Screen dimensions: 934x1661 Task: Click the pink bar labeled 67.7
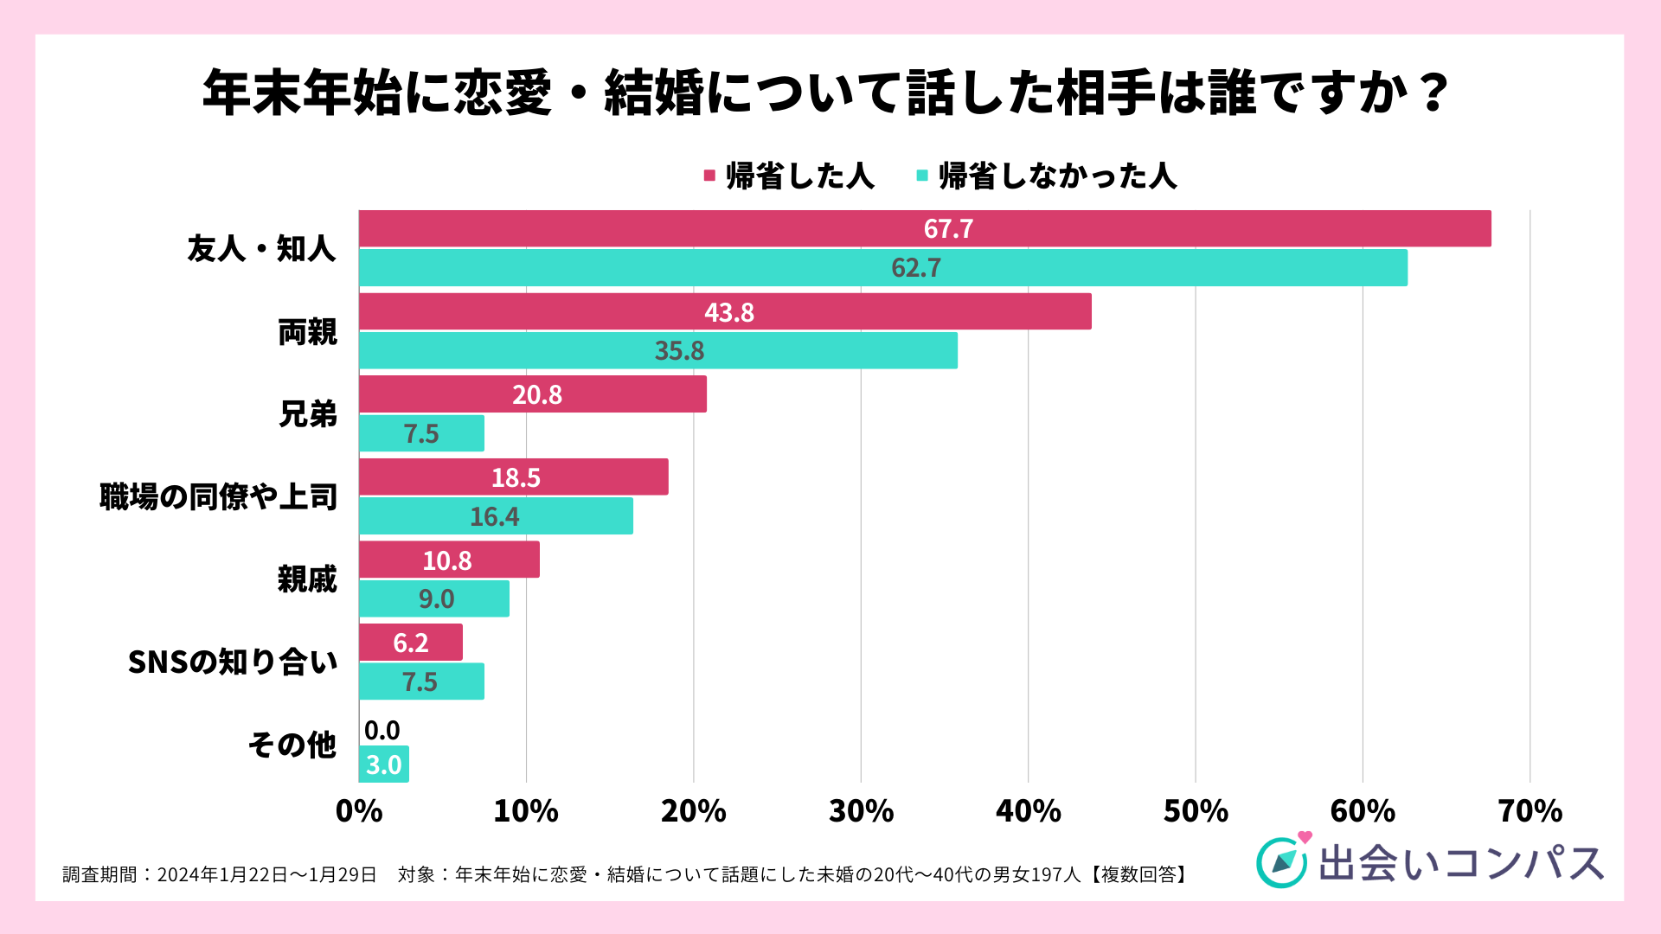pos(925,228)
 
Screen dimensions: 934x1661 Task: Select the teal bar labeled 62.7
pos(882,267)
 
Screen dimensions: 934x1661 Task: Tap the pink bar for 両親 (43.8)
pos(725,311)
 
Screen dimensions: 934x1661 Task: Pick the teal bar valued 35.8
pos(657,350)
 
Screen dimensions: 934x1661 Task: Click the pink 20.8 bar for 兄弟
pos(532,394)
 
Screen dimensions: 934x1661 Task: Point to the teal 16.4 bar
pos(496,516)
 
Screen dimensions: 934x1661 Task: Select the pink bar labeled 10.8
pos(449,560)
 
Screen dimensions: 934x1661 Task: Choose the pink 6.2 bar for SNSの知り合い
pos(411,643)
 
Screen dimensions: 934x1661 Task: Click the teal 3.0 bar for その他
pos(384,764)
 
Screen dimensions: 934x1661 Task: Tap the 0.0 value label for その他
pos(382,731)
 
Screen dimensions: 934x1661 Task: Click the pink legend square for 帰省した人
pos(709,176)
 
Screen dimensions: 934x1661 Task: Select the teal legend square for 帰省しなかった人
pos(922,176)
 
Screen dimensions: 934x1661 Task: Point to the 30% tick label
pos(861,811)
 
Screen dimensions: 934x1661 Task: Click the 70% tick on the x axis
pos(1530,811)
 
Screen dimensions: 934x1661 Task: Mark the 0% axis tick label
pos(359,811)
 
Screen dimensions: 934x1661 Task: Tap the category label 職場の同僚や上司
pos(218,497)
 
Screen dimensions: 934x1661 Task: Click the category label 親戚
pos(307,579)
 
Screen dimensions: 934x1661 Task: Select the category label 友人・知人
pos(261,249)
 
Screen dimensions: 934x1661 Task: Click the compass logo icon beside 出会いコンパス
pos(1281,862)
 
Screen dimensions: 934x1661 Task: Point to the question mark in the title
pos(1434,92)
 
